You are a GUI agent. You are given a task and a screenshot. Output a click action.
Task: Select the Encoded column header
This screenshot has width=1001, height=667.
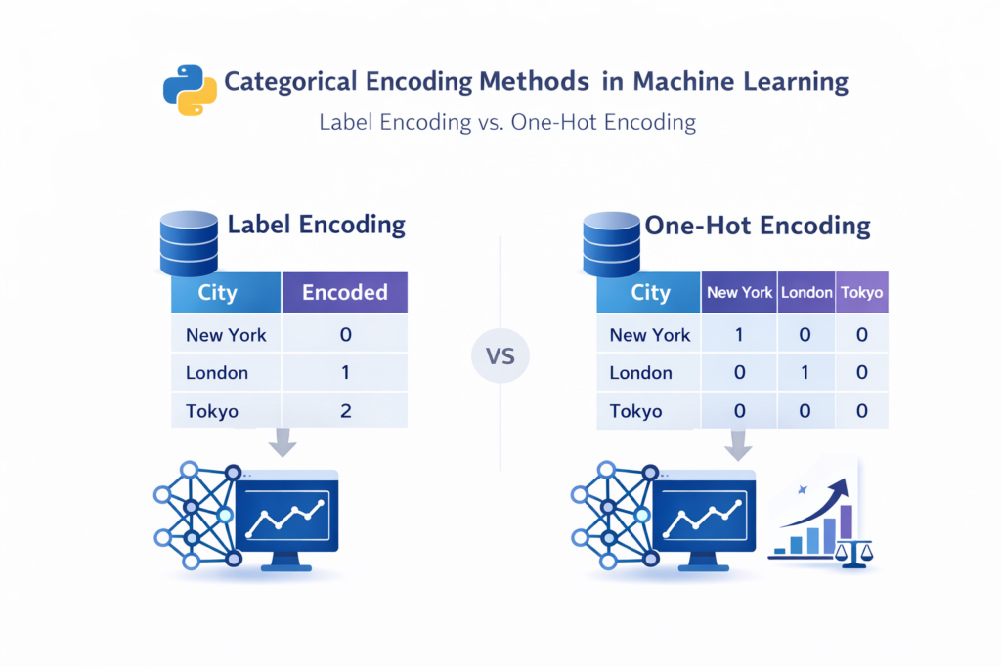pyautogui.click(x=344, y=292)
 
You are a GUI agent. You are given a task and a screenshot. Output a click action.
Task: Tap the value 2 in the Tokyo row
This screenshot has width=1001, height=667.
pyautogui.click(x=345, y=410)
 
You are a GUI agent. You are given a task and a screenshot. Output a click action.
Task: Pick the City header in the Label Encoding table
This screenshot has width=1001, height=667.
pyautogui.click(x=217, y=292)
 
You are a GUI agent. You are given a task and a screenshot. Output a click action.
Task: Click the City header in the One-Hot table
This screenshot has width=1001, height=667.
pyautogui.click(x=650, y=292)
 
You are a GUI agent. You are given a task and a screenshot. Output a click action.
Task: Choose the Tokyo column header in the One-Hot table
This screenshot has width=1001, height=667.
pyautogui.click(x=862, y=292)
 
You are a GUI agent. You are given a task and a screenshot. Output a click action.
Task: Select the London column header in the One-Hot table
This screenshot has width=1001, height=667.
pyautogui.click(x=806, y=292)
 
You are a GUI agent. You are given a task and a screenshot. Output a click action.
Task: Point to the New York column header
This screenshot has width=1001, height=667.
pyautogui.click(x=740, y=292)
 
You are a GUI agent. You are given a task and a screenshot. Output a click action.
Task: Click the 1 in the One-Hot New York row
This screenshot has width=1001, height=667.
pyautogui.click(x=740, y=335)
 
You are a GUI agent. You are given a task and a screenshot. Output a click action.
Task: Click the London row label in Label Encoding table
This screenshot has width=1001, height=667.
pyautogui.click(x=217, y=372)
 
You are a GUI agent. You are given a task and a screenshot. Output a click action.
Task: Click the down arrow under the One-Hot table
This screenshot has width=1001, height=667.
pyautogui.click(x=739, y=444)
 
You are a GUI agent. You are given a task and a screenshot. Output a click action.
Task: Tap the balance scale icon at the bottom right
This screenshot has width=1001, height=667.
pyautogui.click(x=853, y=552)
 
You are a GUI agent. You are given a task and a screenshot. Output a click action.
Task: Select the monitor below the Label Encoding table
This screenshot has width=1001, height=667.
pyautogui.click(x=285, y=516)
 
